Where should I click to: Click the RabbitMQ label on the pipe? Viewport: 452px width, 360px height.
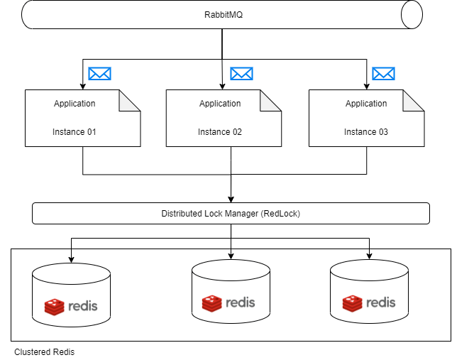[x=222, y=15]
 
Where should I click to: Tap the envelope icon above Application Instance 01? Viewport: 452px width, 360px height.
[x=99, y=73]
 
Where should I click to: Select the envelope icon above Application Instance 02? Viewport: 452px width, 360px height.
[x=241, y=73]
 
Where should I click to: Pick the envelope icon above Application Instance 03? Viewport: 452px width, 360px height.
[x=383, y=73]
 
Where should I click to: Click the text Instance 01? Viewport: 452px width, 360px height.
[x=75, y=132]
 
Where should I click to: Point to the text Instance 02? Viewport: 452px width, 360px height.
[x=220, y=132]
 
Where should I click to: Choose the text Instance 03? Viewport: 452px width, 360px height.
[x=366, y=132]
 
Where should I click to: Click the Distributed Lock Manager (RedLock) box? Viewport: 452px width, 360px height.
[x=231, y=213]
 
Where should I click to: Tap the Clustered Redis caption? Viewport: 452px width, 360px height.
[x=44, y=352]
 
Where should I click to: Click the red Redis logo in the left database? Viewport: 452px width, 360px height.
[x=55, y=307]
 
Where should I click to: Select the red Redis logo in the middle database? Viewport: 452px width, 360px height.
[x=212, y=303]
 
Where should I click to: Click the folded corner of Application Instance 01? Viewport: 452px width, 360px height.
[x=130, y=101]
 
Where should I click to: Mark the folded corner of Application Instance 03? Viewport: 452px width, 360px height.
[x=414, y=101]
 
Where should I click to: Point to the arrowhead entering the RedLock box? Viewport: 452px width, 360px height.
[x=231, y=200]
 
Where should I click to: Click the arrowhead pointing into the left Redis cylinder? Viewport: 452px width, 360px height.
[x=71, y=258]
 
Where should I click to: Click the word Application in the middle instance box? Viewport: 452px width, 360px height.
[x=220, y=104]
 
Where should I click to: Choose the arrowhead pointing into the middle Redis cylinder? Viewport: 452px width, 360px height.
[x=231, y=255]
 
